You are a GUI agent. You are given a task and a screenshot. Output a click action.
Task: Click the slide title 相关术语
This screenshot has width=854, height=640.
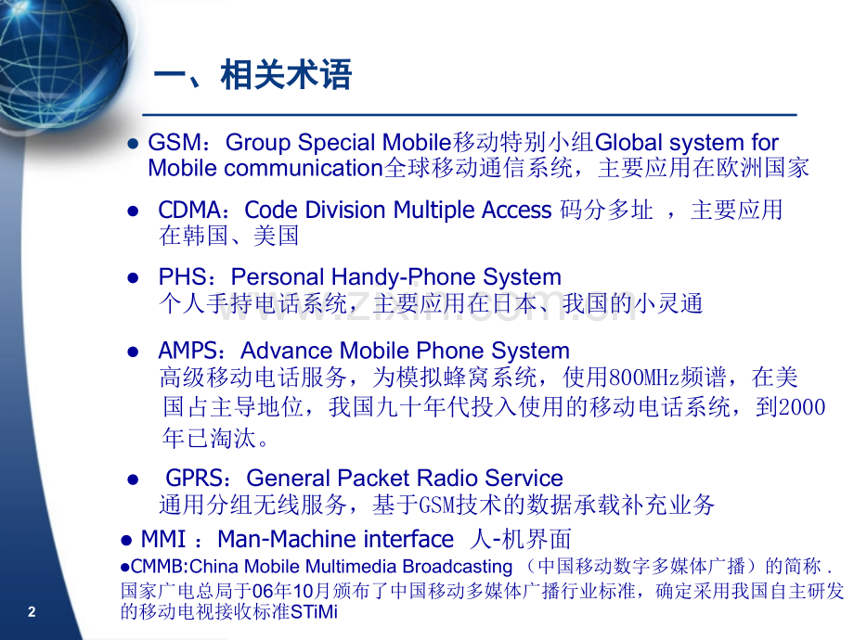coord(286,74)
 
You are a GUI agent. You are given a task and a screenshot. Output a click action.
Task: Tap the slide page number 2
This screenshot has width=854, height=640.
coord(32,611)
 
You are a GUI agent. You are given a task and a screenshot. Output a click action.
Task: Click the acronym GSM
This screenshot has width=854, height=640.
coord(174,143)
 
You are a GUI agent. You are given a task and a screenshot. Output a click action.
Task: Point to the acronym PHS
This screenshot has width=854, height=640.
coord(182,277)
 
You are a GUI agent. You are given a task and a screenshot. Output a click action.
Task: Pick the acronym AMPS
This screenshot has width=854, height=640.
coord(188,351)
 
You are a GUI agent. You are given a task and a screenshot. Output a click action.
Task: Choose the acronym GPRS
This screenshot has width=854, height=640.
coord(194,479)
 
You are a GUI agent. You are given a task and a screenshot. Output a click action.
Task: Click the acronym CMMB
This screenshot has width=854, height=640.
coord(158,567)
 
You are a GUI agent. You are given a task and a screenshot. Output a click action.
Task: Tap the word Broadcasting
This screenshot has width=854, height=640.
coord(458,567)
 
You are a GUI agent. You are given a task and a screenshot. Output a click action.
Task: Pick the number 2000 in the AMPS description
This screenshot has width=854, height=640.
coord(802,407)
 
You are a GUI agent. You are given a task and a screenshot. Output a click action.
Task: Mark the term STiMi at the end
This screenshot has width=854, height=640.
coord(315,611)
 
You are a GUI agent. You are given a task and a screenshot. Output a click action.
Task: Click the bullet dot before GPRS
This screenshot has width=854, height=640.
coord(133,480)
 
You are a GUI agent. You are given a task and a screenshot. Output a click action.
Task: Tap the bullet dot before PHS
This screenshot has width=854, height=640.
coord(133,278)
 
